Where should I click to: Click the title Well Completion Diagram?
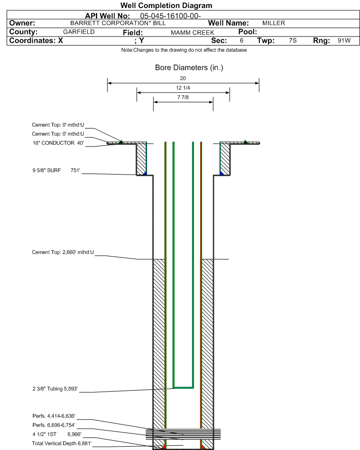tap(166, 5)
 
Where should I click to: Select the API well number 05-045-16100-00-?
tap(170, 16)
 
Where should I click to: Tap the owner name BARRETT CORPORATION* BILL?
tap(118, 23)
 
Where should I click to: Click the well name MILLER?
tap(274, 23)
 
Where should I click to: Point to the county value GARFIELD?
tap(79, 32)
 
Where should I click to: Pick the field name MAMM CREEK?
tap(193, 33)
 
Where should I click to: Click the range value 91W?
tap(344, 40)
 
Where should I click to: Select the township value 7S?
tap(293, 40)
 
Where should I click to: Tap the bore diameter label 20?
tap(183, 78)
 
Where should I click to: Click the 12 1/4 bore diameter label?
tap(183, 88)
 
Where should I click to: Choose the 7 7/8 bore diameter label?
tap(183, 97)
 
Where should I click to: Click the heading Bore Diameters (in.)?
tap(189, 67)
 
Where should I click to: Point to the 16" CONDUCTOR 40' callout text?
tap(58, 143)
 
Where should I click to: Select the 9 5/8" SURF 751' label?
tap(56, 170)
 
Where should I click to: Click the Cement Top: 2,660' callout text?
tap(63, 252)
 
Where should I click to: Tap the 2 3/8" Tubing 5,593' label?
tap(55, 389)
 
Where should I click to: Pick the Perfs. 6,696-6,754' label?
tap(54, 425)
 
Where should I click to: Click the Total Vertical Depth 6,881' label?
tap(62, 443)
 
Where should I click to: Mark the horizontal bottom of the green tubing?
tap(183, 387)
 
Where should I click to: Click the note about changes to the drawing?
tap(184, 50)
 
